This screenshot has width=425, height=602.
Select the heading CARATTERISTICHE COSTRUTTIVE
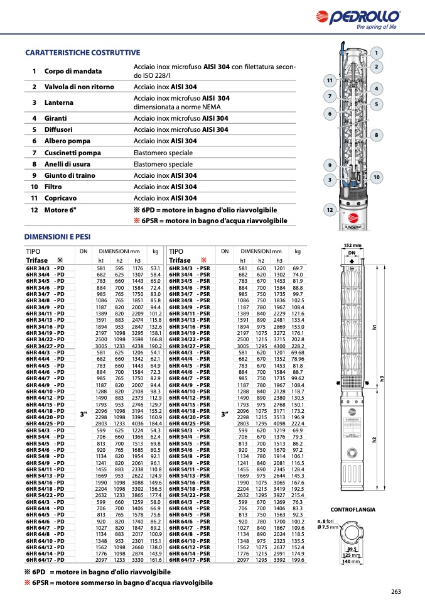tap(82, 53)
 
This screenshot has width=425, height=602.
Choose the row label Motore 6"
tap(60, 209)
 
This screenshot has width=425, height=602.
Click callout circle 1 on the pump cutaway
tap(376, 53)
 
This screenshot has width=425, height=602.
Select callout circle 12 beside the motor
tap(330, 209)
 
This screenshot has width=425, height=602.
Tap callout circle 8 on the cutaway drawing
tap(376, 134)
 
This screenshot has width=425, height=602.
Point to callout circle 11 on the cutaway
tap(329, 80)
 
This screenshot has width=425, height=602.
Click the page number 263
tap(395, 591)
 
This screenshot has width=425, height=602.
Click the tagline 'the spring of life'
tap(377, 27)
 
